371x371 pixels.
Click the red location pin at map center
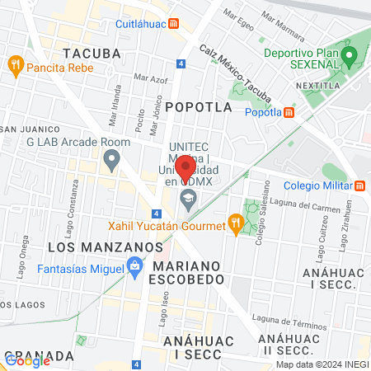pyautogui.click(x=185, y=167)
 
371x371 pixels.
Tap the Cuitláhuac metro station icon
pyautogui.click(x=174, y=24)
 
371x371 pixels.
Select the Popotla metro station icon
pyautogui.click(x=289, y=113)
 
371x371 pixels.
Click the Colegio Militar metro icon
pyautogui.click(x=362, y=185)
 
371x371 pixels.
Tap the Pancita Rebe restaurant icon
pyautogui.click(x=15, y=64)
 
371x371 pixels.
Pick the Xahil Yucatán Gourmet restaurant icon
pyautogui.click(x=236, y=223)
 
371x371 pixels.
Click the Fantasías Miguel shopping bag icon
pyautogui.click(x=132, y=265)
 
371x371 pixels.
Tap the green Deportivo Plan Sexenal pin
pyautogui.click(x=349, y=57)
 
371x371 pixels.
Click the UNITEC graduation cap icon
pyautogui.click(x=188, y=198)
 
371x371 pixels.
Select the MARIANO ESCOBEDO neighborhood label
pyautogui.click(x=186, y=273)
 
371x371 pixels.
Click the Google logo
pyautogui.click(x=27, y=360)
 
